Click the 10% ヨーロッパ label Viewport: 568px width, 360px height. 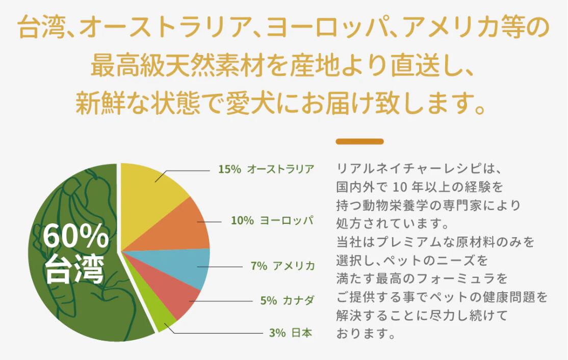tap(272, 221)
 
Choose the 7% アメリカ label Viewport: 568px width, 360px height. tap(282, 266)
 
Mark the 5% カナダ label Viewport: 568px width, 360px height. tap(288, 300)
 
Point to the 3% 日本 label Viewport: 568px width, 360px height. tap(291, 333)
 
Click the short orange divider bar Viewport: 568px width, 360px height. tap(359, 141)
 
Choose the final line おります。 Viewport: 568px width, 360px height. tap(365, 334)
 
